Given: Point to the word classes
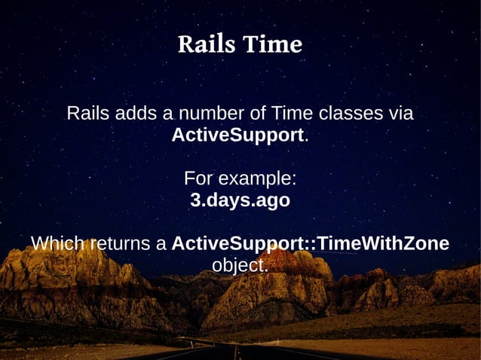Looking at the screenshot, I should click(351, 114).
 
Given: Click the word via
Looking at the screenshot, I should click(400, 114).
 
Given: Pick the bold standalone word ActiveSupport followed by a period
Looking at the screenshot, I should click(237, 136).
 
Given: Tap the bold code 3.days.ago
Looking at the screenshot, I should click(240, 202).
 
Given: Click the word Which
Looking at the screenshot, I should click(57, 245).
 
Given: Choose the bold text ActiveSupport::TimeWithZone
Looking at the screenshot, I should click(311, 245).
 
